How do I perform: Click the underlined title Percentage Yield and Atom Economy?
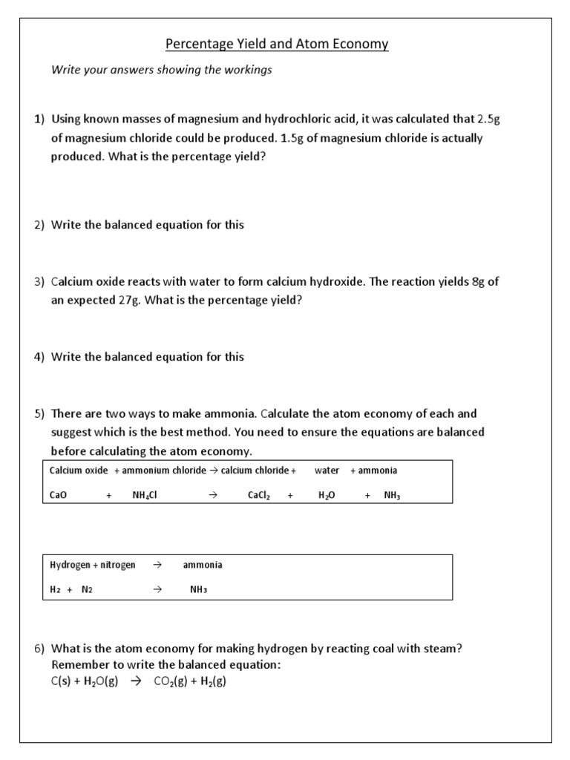[277, 45]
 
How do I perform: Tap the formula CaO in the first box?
[58, 495]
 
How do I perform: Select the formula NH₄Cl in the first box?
[145, 495]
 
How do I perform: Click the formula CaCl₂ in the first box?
[261, 495]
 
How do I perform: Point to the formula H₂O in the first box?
[327, 495]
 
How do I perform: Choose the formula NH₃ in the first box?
[392, 495]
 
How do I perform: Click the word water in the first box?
[327, 471]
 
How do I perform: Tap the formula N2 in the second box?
[87, 589]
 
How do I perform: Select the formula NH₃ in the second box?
[198, 589]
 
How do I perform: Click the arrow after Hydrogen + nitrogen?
[157, 565]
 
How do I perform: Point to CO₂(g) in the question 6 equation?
[169, 681]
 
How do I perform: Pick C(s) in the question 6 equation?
[61, 681]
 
